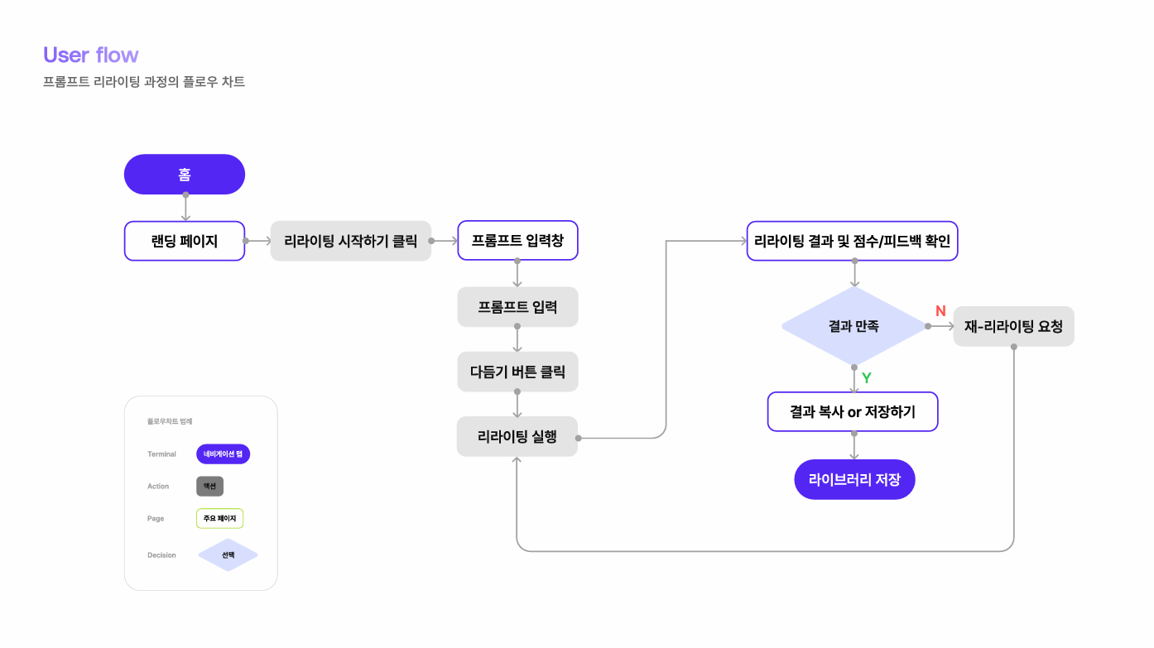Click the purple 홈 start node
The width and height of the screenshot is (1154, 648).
(185, 175)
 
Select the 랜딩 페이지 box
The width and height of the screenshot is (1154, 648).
(185, 241)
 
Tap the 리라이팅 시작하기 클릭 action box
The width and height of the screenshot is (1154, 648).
(351, 241)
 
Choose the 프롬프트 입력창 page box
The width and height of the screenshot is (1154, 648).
(517, 241)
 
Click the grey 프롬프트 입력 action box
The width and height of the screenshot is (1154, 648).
(517, 307)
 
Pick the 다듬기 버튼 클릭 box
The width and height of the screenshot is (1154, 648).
(517, 372)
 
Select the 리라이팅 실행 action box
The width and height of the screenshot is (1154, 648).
(517, 436)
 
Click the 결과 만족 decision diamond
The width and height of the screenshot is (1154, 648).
(853, 326)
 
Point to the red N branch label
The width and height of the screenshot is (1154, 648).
(940, 311)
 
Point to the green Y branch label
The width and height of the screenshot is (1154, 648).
(867, 377)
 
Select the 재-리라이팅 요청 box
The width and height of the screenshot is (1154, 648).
(1013, 326)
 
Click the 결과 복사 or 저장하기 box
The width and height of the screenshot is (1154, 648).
(853, 411)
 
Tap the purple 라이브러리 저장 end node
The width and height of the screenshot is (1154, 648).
(854, 479)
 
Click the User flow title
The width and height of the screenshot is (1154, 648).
(91, 55)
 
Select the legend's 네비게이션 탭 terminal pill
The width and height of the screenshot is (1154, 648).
(223, 454)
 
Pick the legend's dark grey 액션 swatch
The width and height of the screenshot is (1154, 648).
(209, 486)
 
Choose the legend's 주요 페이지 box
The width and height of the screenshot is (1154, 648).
(219, 518)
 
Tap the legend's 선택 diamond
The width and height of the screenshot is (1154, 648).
(228, 554)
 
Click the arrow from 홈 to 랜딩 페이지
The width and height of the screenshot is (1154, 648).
(185, 208)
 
